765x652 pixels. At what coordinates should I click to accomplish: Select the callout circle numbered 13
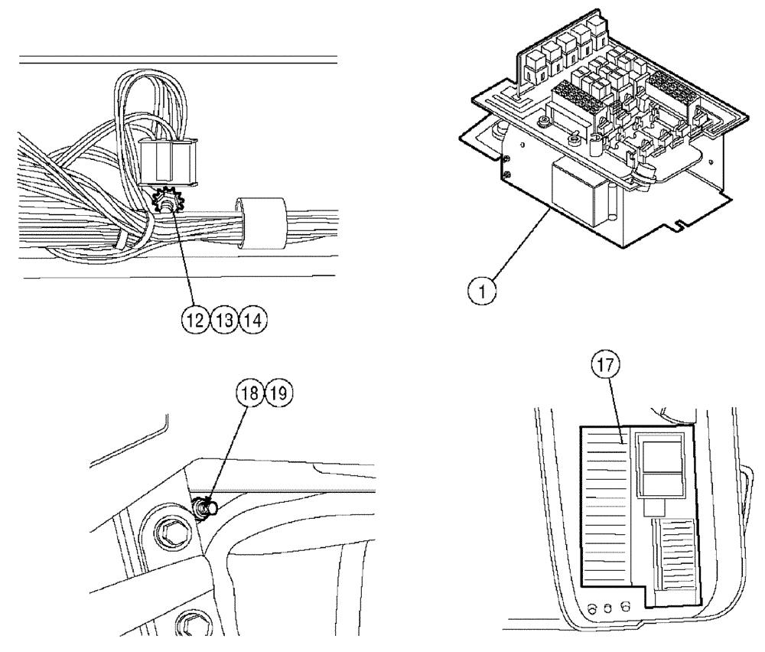point(225,321)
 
